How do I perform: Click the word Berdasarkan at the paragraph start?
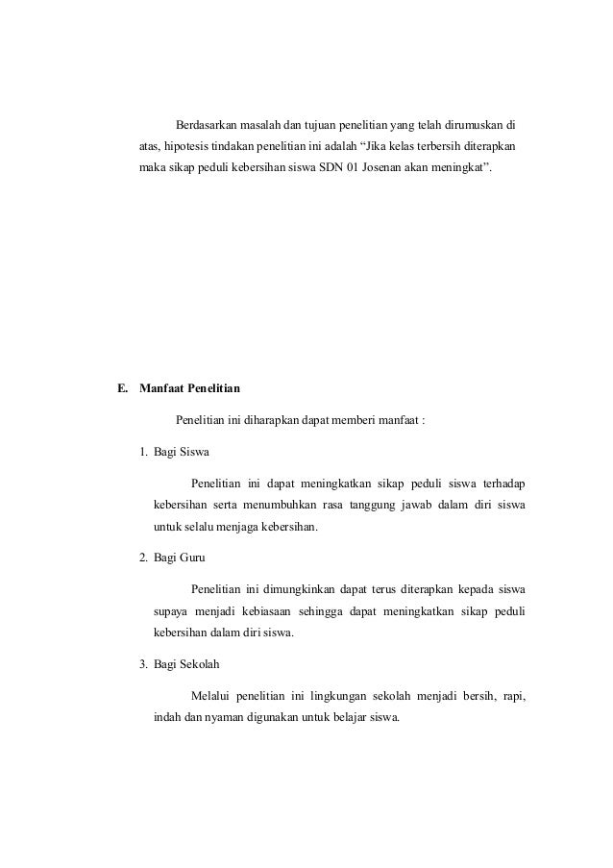tap(209, 126)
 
